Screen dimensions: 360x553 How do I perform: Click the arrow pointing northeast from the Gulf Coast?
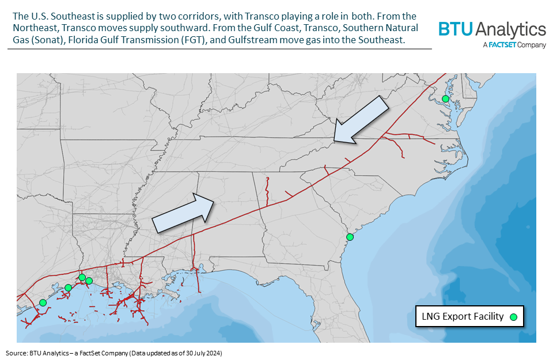point(184,213)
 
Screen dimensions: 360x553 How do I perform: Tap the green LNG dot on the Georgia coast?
point(349,237)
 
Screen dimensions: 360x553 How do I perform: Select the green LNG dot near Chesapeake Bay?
point(445,99)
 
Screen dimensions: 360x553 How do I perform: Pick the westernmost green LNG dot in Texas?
point(43,302)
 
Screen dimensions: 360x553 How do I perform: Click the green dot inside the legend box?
point(513,316)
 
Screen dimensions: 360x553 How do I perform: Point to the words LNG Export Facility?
point(463,316)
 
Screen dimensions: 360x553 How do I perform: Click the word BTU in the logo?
point(454,29)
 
